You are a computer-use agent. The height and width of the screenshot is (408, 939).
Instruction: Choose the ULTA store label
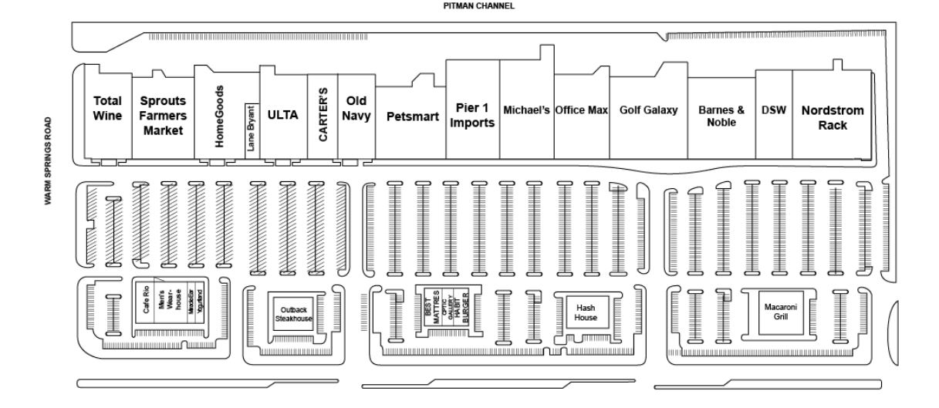point(282,115)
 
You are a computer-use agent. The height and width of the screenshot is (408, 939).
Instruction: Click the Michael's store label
point(526,110)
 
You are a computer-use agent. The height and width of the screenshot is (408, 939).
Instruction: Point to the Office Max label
point(582,110)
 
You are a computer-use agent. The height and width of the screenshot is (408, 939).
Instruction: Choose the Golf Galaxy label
point(648,110)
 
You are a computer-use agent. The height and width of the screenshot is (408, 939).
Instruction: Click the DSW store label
point(773,110)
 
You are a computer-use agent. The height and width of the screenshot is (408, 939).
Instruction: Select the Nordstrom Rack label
point(832,117)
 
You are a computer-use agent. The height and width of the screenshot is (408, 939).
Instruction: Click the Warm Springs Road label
point(49,160)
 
